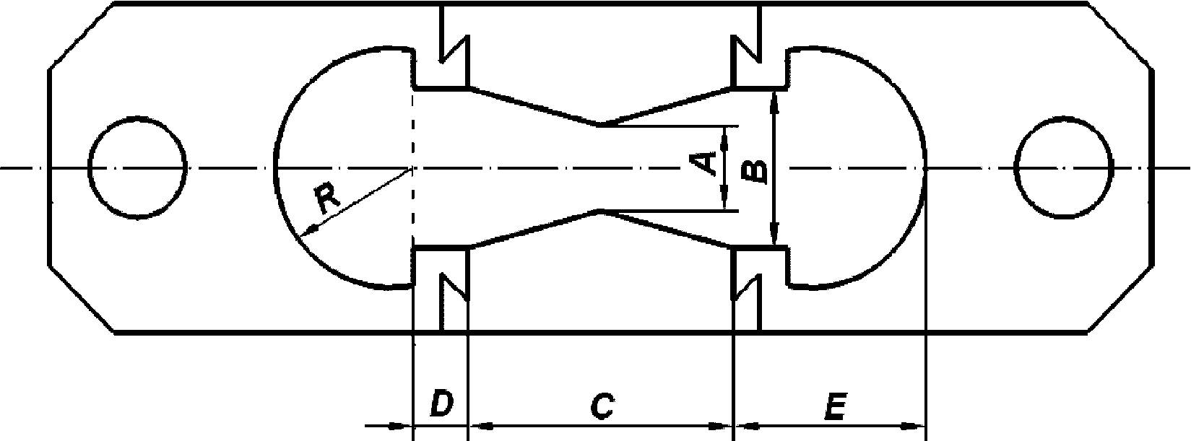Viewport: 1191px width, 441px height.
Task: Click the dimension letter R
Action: tap(327, 198)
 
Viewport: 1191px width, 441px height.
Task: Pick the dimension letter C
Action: tap(600, 406)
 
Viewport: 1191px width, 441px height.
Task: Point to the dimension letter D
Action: tap(441, 404)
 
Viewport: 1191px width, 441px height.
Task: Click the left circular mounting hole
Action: tap(137, 167)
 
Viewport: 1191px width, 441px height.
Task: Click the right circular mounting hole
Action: tap(1063, 167)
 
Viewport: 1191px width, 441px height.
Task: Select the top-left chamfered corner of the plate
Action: tap(81, 36)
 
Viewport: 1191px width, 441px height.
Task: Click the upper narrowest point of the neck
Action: tap(599, 125)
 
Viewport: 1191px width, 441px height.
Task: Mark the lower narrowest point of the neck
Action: tap(599, 211)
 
